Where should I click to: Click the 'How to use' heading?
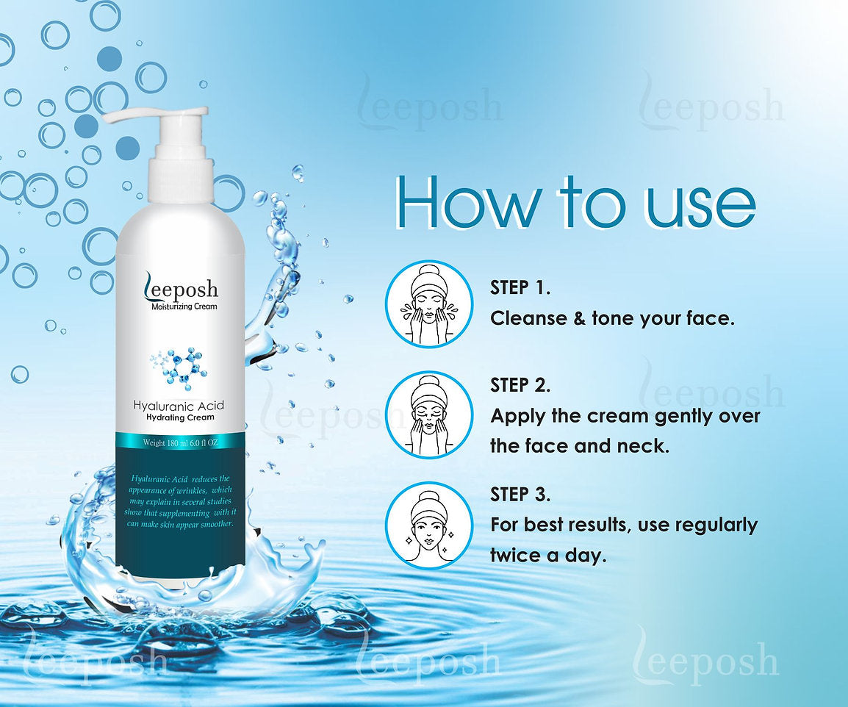point(575,202)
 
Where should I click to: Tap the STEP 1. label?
point(520,288)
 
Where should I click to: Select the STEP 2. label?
point(520,385)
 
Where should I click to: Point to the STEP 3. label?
point(520,495)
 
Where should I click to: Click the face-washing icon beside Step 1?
point(429,304)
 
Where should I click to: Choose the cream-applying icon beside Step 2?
point(429,415)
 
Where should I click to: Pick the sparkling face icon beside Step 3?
point(429,525)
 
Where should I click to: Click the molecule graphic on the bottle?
point(178,365)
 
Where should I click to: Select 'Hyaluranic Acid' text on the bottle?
point(179,405)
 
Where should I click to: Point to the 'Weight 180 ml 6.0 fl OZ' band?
point(180,442)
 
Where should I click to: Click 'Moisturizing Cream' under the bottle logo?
point(184,307)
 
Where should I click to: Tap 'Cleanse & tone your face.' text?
point(612,319)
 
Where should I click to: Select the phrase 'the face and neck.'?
point(580,446)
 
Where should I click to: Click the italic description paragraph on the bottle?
point(180,501)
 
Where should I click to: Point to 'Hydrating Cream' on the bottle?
point(181,417)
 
